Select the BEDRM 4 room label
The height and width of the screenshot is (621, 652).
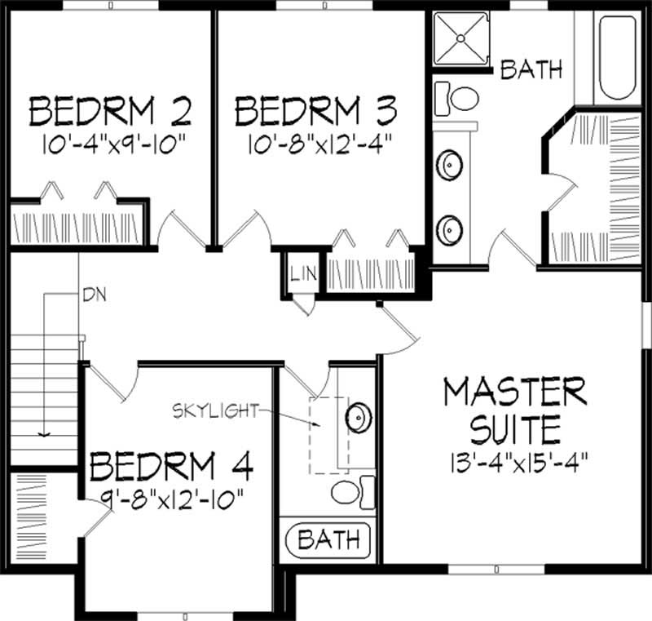pos(172,467)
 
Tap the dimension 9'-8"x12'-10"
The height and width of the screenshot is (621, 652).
pos(172,497)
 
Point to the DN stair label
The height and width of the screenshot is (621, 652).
pos(93,292)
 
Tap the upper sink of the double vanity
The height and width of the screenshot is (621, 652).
pos(448,166)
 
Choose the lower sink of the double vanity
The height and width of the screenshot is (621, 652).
pos(448,228)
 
